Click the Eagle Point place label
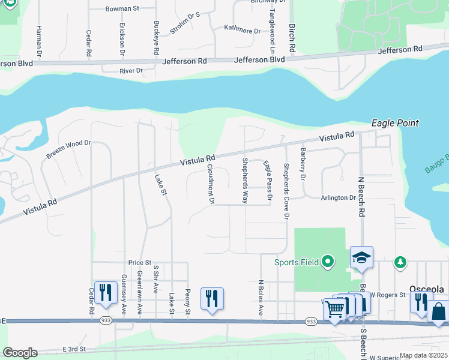click(x=394, y=123)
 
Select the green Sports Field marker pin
click(x=327, y=262)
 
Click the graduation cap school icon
click(x=362, y=257)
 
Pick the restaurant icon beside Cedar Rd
click(x=106, y=292)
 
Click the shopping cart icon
click(x=334, y=309)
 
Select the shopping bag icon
click(x=438, y=312)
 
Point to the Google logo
click(x=19, y=353)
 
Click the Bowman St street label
click(x=122, y=9)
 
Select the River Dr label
click(x=131, y=71)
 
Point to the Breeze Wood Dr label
click(x=68, y=150)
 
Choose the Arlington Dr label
click(x=338, y=197)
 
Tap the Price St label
click(x=139, y=262)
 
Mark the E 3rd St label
click(x=74, y=349)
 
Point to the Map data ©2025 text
click(x=423, y=355)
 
